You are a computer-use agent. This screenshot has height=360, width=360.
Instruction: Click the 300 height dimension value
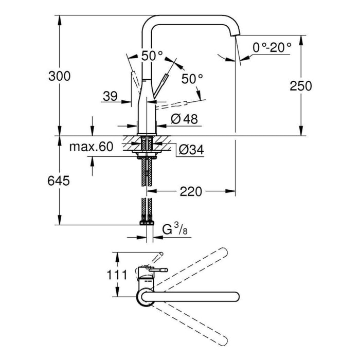point(59,76)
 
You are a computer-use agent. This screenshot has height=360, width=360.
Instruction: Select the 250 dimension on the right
point(301,86)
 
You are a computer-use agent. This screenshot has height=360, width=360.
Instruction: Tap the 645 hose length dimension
point(59,181)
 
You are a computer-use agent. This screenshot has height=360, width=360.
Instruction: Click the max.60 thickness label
point(91,147)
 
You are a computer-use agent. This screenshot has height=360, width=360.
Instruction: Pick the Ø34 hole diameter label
point(190,150)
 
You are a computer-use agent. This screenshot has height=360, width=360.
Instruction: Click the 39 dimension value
point(110,96)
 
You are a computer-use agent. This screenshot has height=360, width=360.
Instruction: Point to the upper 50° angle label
point(152,55)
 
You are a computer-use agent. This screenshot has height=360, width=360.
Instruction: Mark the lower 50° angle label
point(192,79)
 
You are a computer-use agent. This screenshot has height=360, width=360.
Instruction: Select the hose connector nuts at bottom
point(147,223)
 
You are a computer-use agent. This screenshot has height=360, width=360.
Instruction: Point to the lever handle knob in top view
point(164,269)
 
